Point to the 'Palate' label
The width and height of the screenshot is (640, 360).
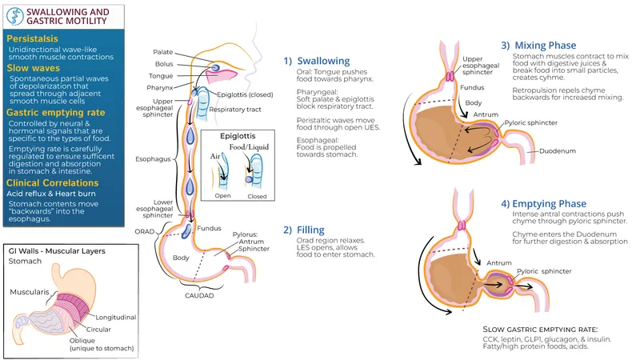tap(162, 53)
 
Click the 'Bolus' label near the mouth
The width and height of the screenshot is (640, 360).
tap(163, 64)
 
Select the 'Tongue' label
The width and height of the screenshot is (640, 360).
tap(161, 75)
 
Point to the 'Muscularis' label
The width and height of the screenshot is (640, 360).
tap(30, 292)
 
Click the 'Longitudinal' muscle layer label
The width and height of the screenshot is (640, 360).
tap(116, 317)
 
